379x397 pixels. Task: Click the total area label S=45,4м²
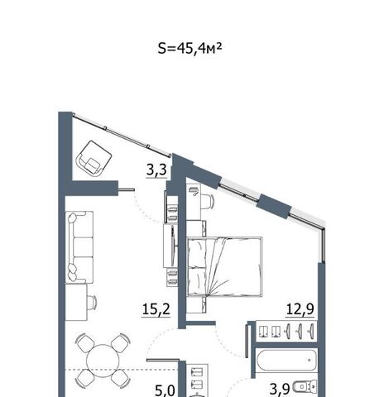pos(189,49)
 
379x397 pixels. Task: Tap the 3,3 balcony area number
pos(156,170)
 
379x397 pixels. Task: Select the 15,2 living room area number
pos(156,309)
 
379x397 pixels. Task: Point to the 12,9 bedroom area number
pos(300,309)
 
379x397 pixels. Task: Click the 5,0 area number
pos(165,390)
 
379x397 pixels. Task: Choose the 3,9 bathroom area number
pos(280,390)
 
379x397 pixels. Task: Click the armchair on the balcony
pos(94,158)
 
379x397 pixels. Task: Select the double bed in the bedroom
pos(224,266)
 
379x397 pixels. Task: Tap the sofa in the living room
pos(79,247)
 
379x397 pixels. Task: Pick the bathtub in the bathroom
pos(286,360)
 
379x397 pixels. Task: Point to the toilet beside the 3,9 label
pos(305,387)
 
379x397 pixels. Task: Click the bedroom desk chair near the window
pos(208,201)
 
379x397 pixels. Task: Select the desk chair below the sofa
pos(92,303)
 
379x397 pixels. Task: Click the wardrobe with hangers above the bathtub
pos(286,331)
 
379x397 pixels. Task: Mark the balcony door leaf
pos(126,189)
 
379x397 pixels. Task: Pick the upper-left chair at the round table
pos(85,343)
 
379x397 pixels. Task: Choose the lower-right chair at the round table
pos(120,377)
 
